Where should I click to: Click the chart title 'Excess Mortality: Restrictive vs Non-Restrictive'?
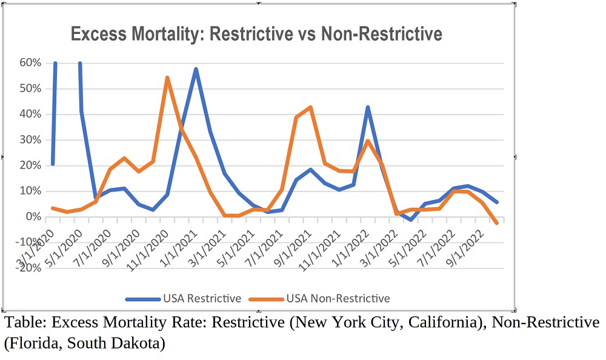pos(256,33)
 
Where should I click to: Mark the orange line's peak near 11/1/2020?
pos(167,78)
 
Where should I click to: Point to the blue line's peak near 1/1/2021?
pos(196,69)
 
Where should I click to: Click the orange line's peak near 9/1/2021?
pos(310,107)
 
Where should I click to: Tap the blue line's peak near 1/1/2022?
pos(368,107)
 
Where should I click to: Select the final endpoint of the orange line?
pos(497,223)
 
